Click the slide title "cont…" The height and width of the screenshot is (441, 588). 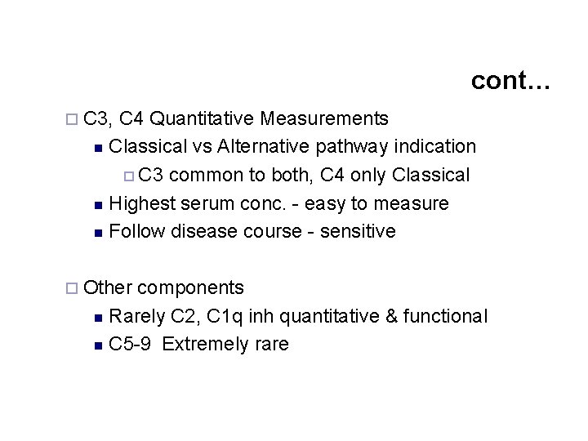[x=511, y=81]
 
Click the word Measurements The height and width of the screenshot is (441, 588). [x=324, y=119]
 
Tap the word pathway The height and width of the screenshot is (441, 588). [x=350, y=147]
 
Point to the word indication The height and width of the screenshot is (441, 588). [x=434, y=147]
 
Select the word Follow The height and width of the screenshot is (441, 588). [x=136, y=232]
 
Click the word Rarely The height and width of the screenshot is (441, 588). [x=137, y=316]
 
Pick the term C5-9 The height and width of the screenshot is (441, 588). [x=130, y=345]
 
